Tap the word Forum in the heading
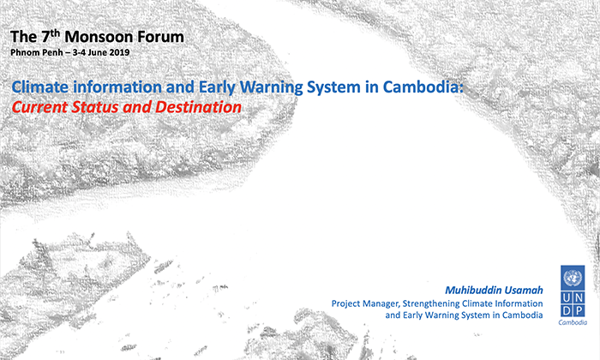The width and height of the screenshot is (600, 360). point(160,37)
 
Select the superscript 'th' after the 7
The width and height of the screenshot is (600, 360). point(56,32)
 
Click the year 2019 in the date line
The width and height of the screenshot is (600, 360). point(120,52)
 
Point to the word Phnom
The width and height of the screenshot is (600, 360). point(22,52)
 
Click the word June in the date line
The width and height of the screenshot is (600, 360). point(98,52)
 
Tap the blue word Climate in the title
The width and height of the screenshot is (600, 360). point(40,87)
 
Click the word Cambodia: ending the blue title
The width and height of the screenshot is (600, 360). point(423,87)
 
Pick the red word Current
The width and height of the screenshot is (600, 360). point(39,107)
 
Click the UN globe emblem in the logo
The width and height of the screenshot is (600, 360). point(573,278)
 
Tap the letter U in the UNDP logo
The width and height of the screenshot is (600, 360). point(567,297)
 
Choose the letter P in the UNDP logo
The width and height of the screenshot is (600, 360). point(579,310)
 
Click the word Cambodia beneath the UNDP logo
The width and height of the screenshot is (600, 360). point(573,322)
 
